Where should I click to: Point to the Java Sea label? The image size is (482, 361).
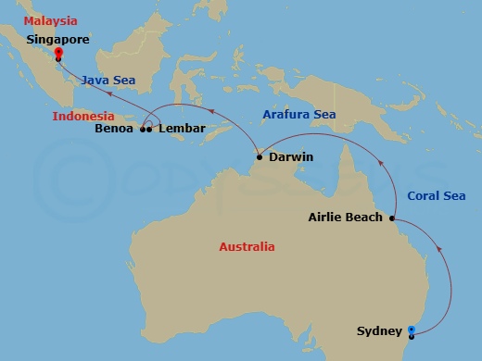108,81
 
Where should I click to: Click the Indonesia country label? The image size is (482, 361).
83,117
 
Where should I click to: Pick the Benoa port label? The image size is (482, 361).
115,130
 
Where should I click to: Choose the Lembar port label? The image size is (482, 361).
182,130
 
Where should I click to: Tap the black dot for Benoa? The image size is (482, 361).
143,130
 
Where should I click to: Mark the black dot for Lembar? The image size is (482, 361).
149,130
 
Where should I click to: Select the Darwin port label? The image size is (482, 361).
290,157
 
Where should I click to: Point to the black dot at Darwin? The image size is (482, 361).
260,157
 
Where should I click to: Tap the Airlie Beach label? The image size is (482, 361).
345,218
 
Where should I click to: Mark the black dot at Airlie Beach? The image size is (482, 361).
393,218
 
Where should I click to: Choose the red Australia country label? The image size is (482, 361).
247,247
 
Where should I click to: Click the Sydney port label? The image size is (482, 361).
379,330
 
